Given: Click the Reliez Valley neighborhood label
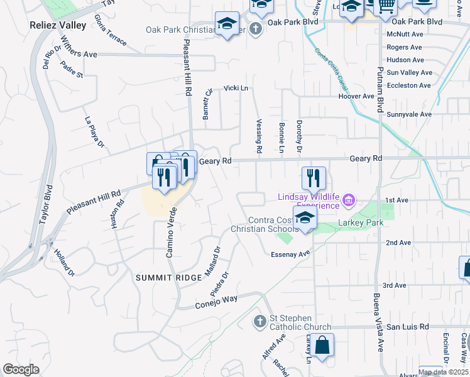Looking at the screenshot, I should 57,25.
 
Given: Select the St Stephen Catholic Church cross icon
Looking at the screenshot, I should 260,322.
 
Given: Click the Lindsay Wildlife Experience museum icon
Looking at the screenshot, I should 349,202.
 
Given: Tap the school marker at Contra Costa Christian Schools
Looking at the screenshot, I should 304,218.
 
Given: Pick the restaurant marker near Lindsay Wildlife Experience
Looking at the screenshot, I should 313,178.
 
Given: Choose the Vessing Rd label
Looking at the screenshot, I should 258,137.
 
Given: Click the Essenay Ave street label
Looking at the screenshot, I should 291,254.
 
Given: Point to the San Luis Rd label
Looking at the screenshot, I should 407,327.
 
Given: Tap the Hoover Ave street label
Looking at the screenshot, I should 356,97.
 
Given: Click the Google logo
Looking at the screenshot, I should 21,369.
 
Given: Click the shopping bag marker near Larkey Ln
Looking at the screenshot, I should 323,346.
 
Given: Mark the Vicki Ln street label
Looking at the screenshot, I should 236,89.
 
